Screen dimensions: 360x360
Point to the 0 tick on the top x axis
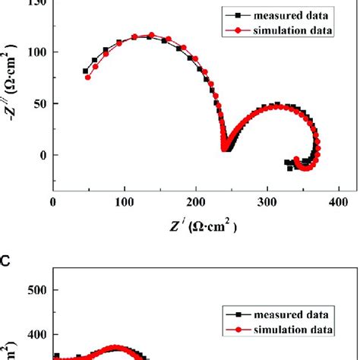(52, 203)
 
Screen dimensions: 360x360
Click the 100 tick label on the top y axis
(36, 52)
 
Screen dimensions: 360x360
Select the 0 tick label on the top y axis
(43, 155)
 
